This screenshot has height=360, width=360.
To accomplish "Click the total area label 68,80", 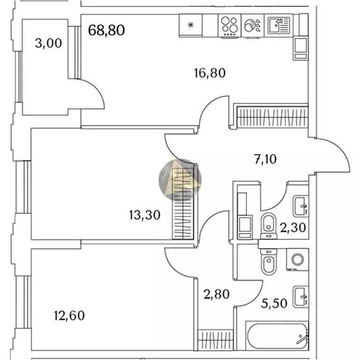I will pos(106,30).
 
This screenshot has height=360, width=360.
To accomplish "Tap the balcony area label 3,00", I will pos(49,44).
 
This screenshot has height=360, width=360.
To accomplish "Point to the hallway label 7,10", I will pos(265,159).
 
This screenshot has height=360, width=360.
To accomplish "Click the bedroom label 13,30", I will pos(145,215).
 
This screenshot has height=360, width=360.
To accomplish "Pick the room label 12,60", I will pos(69,315).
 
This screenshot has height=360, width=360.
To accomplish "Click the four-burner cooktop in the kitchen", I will pos(230,26).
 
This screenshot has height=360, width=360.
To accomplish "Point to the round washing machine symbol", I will pos(297,260).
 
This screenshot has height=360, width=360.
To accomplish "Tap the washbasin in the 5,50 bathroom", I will pos(300,296).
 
